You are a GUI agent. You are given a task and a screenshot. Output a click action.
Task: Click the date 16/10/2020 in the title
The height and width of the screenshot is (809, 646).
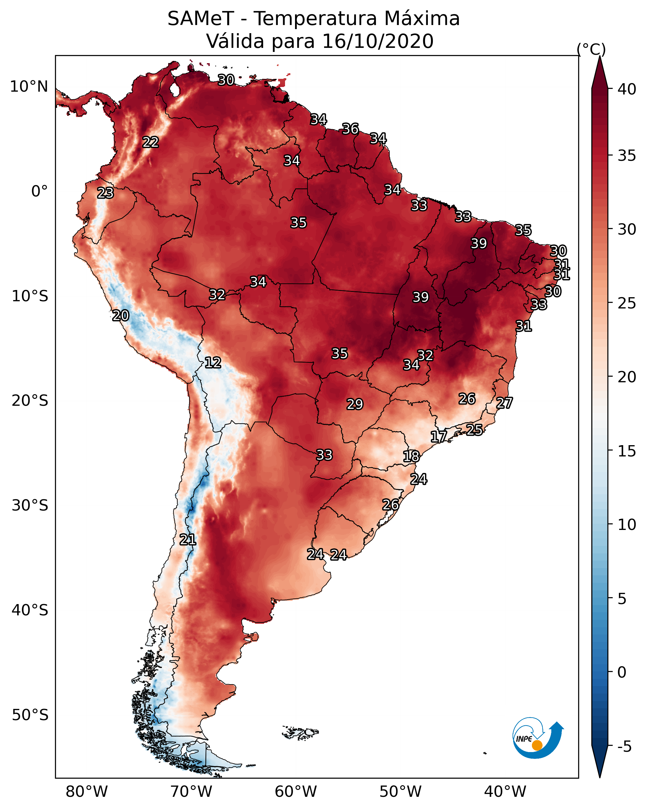tap(378, 41)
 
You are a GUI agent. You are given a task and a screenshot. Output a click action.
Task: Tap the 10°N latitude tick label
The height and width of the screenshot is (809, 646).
tap(29, 87)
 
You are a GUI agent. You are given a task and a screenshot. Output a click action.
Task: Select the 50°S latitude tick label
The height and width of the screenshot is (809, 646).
tap(30, 715)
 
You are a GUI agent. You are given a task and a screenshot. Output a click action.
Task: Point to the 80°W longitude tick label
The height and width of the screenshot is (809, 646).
tap(87, 792)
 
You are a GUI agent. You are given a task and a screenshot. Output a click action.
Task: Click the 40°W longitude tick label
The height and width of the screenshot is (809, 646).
tap(505, 792)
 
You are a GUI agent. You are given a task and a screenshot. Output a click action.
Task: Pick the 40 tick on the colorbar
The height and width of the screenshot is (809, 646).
tap(627, 89)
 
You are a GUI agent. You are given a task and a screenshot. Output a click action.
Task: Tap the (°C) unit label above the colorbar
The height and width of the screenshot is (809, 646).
tap(591, 49)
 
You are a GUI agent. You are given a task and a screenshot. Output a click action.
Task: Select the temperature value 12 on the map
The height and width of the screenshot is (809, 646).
tap(213, 363)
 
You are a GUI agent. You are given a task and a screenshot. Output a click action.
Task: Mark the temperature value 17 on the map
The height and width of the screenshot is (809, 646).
tap(439, 436)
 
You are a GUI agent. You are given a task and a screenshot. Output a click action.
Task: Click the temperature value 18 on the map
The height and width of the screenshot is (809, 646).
tap(411, 456)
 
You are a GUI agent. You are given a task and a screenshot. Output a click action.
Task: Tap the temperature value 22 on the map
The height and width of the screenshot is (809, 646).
tap(151, 142)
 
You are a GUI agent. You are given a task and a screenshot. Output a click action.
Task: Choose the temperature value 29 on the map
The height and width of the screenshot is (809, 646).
tap(355, 404)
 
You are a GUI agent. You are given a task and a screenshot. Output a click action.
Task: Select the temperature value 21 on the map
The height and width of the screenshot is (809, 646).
tap(188, 540)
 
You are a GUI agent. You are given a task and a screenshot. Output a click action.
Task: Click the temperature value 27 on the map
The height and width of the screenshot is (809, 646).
tap(504, 403)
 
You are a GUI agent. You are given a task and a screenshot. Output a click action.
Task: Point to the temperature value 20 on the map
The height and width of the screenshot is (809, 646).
tap(121, 316)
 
